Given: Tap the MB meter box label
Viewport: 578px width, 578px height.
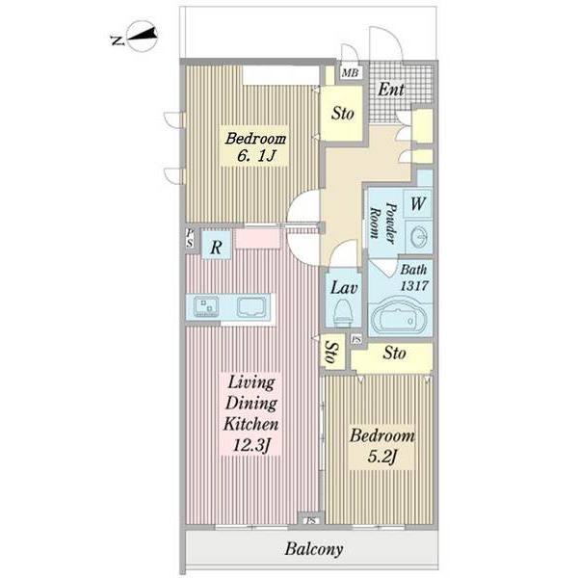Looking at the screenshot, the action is pos(350,72).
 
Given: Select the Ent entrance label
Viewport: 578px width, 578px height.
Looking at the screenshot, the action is pos(391,90).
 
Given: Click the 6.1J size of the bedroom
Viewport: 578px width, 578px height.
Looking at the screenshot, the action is pos(256,156).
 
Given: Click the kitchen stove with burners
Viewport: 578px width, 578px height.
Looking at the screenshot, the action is pos(206,306).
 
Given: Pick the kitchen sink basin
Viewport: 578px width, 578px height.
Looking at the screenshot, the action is pos(251,306).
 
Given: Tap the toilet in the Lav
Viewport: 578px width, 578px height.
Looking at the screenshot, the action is pos(343,313).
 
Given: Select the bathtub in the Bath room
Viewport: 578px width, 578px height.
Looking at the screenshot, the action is pos(399,317).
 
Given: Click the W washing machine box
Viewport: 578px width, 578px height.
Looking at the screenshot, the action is pos(418,203).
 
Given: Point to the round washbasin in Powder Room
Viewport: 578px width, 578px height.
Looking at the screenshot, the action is pos(419,236).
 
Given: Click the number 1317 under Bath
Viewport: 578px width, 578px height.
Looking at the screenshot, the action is pos(414,285).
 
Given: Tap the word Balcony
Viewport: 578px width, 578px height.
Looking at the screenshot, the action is pos(314,549).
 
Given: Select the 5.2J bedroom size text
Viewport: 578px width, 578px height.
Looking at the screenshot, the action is pos(381,458).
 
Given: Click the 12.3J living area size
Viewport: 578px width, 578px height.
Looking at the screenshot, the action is pos(251,446).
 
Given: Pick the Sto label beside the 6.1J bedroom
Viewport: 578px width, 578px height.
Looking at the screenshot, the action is pos(342,113).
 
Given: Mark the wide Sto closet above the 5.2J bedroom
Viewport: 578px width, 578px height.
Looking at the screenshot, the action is pos(391,356).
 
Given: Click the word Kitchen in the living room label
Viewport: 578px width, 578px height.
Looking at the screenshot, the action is pos(251,424).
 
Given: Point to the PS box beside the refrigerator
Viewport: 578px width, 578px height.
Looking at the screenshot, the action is pos(190,238).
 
